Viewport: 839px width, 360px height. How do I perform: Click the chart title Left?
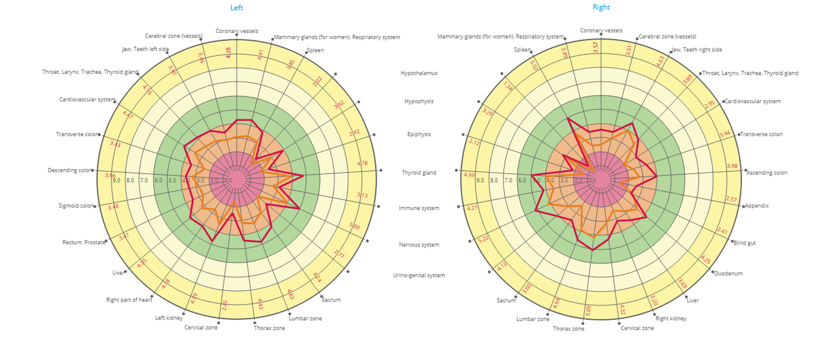coord(236,7)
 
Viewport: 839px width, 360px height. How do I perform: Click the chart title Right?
coord(601,7)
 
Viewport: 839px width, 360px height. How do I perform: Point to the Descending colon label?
coord(70,170)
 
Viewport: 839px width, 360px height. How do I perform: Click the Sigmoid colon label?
coord(76,206)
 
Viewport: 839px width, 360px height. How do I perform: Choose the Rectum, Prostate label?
coord(83,242)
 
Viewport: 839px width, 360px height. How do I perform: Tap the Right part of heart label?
coord(129,300)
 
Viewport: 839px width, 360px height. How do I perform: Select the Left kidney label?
coord(168,318)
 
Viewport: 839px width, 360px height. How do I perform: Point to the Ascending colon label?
coord(766,173)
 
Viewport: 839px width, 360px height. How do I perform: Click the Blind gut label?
coord(745,243)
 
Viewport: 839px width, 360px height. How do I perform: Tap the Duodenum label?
coord(728,274)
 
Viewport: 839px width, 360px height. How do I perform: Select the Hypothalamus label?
coord(419,73)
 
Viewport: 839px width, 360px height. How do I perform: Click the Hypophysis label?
coord(419,101)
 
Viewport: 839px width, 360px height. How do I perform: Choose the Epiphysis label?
coord(419,134)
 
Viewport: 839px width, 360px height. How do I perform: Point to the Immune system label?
coord(419,208)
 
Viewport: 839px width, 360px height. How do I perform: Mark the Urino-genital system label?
coord(419,275)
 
